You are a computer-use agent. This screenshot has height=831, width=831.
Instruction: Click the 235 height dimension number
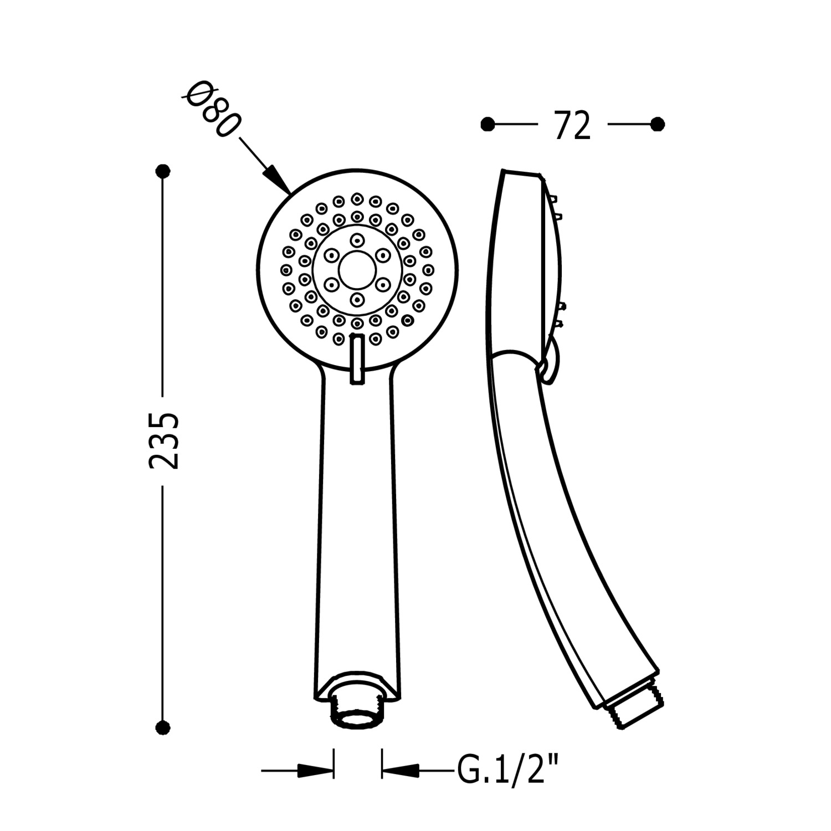(164, 440)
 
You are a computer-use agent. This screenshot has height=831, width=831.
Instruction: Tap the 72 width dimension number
(572, 126)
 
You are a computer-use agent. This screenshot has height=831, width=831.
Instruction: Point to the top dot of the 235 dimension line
(163, 171)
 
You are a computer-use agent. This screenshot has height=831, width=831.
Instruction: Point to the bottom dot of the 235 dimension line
(163, 727)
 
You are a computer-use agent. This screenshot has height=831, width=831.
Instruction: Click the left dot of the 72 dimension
(488, 125)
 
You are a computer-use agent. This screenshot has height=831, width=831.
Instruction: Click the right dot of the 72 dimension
(657, 125)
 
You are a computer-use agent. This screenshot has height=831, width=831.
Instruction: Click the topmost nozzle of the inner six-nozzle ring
(357, 240)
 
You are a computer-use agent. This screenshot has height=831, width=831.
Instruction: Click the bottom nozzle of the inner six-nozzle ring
(357, 300)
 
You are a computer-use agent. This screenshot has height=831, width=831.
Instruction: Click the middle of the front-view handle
(357, 526)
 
